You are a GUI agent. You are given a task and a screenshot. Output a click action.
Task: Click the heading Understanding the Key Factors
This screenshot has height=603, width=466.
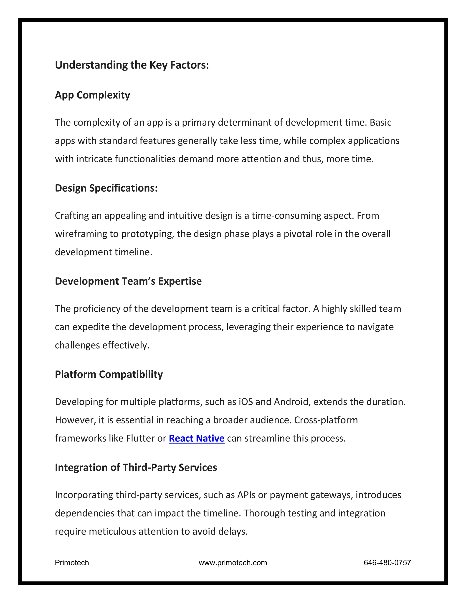pos(132,65)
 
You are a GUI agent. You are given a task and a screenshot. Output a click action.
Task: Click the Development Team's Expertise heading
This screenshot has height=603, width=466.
pos(128,281)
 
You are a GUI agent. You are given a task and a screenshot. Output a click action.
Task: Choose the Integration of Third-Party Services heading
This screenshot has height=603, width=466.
pos(136,467)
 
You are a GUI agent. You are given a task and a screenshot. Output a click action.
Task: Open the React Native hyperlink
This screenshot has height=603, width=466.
pos(197,438)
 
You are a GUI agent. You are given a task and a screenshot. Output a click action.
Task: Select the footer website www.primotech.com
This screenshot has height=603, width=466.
pos(233,563)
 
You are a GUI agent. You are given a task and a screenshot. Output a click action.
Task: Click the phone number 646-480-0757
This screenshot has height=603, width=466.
pos(387,563)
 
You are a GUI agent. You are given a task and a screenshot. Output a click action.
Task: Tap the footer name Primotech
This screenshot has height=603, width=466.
pos(72,563)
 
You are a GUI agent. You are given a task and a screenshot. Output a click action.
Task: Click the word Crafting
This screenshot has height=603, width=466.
pos(72,216)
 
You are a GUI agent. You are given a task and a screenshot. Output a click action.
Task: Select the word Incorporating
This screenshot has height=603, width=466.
pos(84,495)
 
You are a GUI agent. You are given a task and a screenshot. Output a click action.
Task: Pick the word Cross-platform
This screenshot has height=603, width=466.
pos(326,420)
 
